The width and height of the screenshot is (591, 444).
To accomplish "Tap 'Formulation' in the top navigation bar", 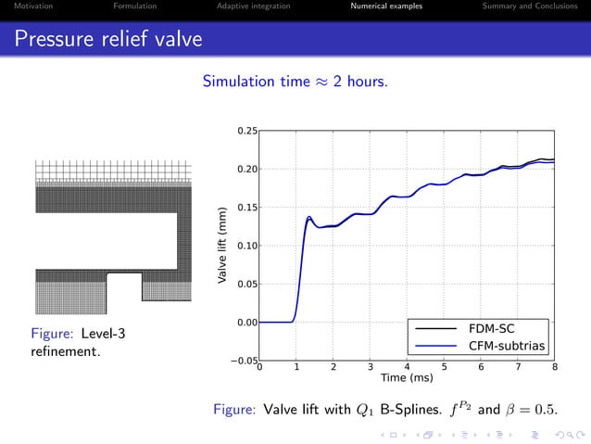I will pos(134,6).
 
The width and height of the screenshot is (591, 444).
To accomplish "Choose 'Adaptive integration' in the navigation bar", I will pos(253,6).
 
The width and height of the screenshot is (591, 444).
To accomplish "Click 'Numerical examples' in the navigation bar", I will pos(386,6).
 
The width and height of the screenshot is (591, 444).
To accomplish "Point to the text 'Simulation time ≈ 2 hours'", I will pos(295,82).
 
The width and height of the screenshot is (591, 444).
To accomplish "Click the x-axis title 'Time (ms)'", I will pos(407,378).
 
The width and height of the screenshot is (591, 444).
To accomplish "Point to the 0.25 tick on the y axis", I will pos(245,131).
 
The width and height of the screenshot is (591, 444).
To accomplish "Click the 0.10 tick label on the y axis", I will pos(245,246).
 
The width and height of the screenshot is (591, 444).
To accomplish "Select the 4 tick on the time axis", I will pos(407,367).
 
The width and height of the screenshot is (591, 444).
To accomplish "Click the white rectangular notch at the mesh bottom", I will pos(124,286).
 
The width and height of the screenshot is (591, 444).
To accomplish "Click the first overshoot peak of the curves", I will pos(309,218).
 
